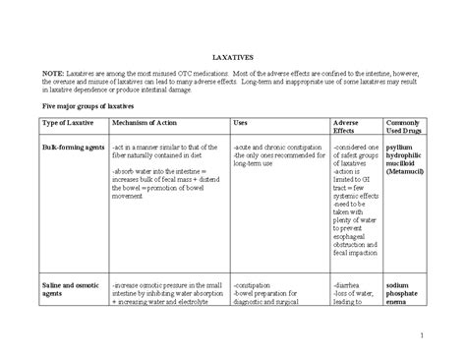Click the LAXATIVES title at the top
click(233, 58)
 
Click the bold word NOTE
click(53, 75)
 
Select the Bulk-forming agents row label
click(69, 145)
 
